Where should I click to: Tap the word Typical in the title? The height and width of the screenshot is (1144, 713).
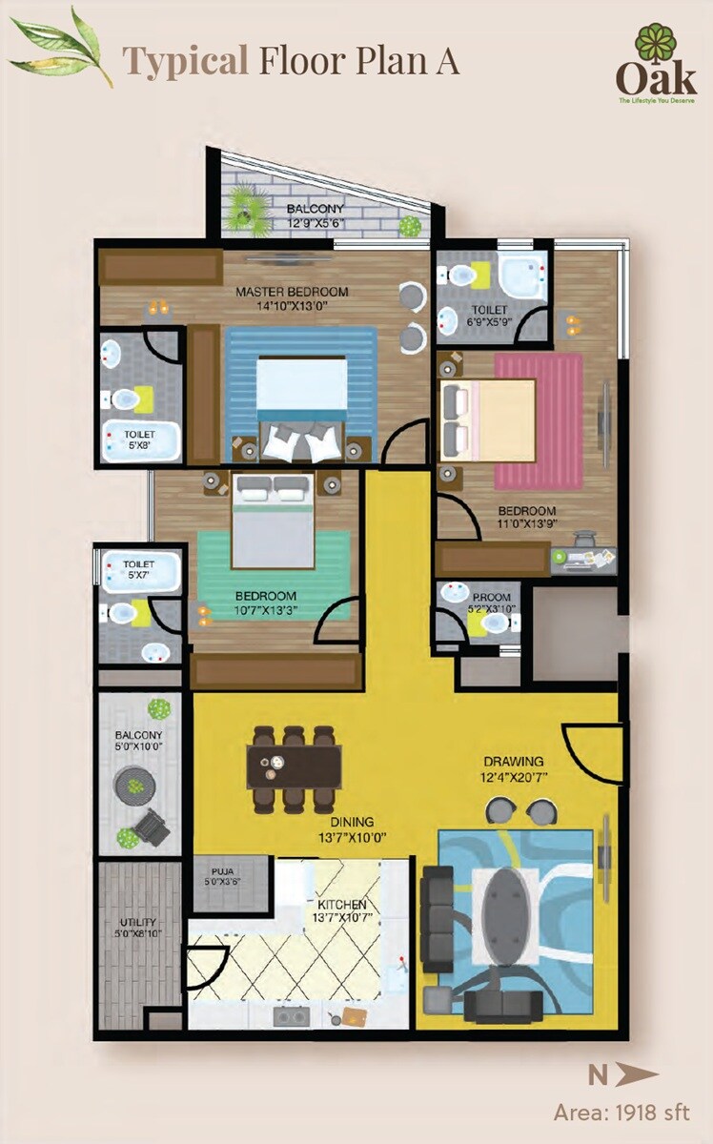(x=183, y=61)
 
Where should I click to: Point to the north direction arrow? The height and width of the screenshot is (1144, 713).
(x=637, y=1076)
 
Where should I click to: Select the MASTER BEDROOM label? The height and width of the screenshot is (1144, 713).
(x=292, y=292)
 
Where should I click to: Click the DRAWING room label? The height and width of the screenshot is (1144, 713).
(x=513, y=762)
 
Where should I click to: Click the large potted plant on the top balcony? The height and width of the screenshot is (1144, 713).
(x=247, y=205)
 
